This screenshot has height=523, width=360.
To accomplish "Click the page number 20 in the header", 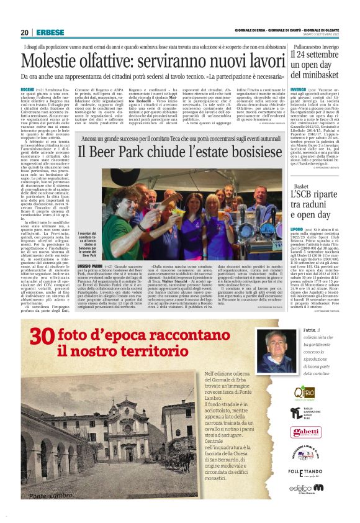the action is point(24,32).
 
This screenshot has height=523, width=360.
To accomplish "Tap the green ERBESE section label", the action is point(47,32).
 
